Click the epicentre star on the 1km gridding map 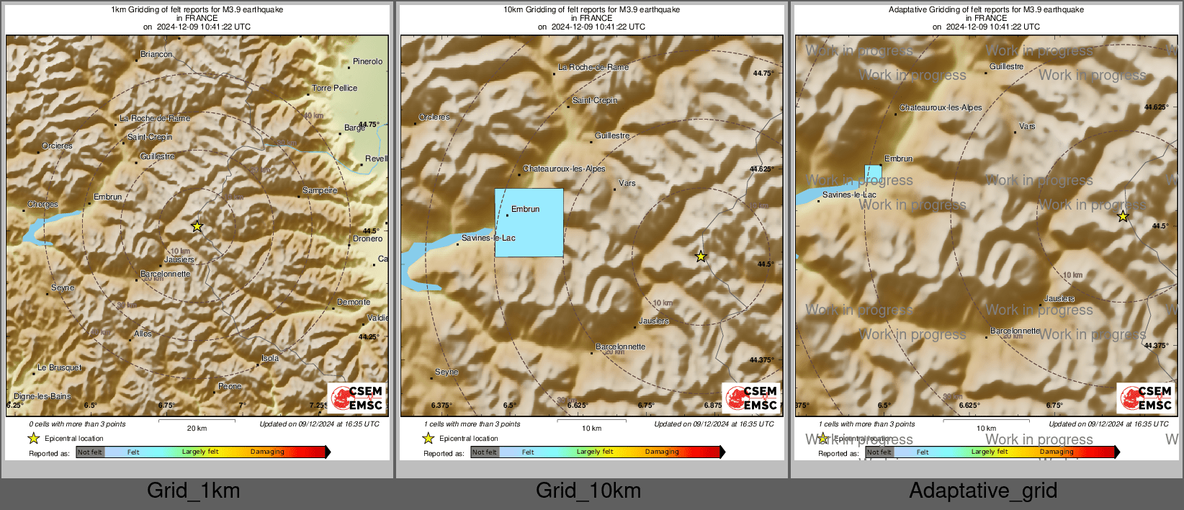pyautogui.click(x=197, y=226)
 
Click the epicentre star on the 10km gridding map pyautogui.click(x=701, y=256)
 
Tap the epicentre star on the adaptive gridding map pyautogui.click(x=1123, y=216)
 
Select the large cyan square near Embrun pyautogui.click(x=529, y=223)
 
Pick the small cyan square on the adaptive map pyautogui.click(x=873, y=173)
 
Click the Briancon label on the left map pyautogui.click(x=156, y=55)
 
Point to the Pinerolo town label pyautogui.click(x=367, y=62)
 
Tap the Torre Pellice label pyautogui.click(x=334, y=89)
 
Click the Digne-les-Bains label pyautogui.click(x=42, y=396)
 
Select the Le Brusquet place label pyautogui.click(x=59, y=368)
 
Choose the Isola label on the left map pyautogui.click(x=270, y=358)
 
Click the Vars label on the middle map pyautogui.click(x=627, y=184)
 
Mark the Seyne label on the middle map pyautogui.click(x=447, y=372)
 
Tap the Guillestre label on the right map pyautogui.click(x=1006, y=67)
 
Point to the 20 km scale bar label pyautogui.click(x=197, y=428)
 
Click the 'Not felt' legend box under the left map pyautogui.click(x=90, y=452)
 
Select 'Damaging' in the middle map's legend pyautogui.click(x=662, y=452)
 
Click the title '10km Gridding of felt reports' pyautogui.click(x=591, y=10)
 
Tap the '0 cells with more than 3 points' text pyautogui.click(x=77, y=424)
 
